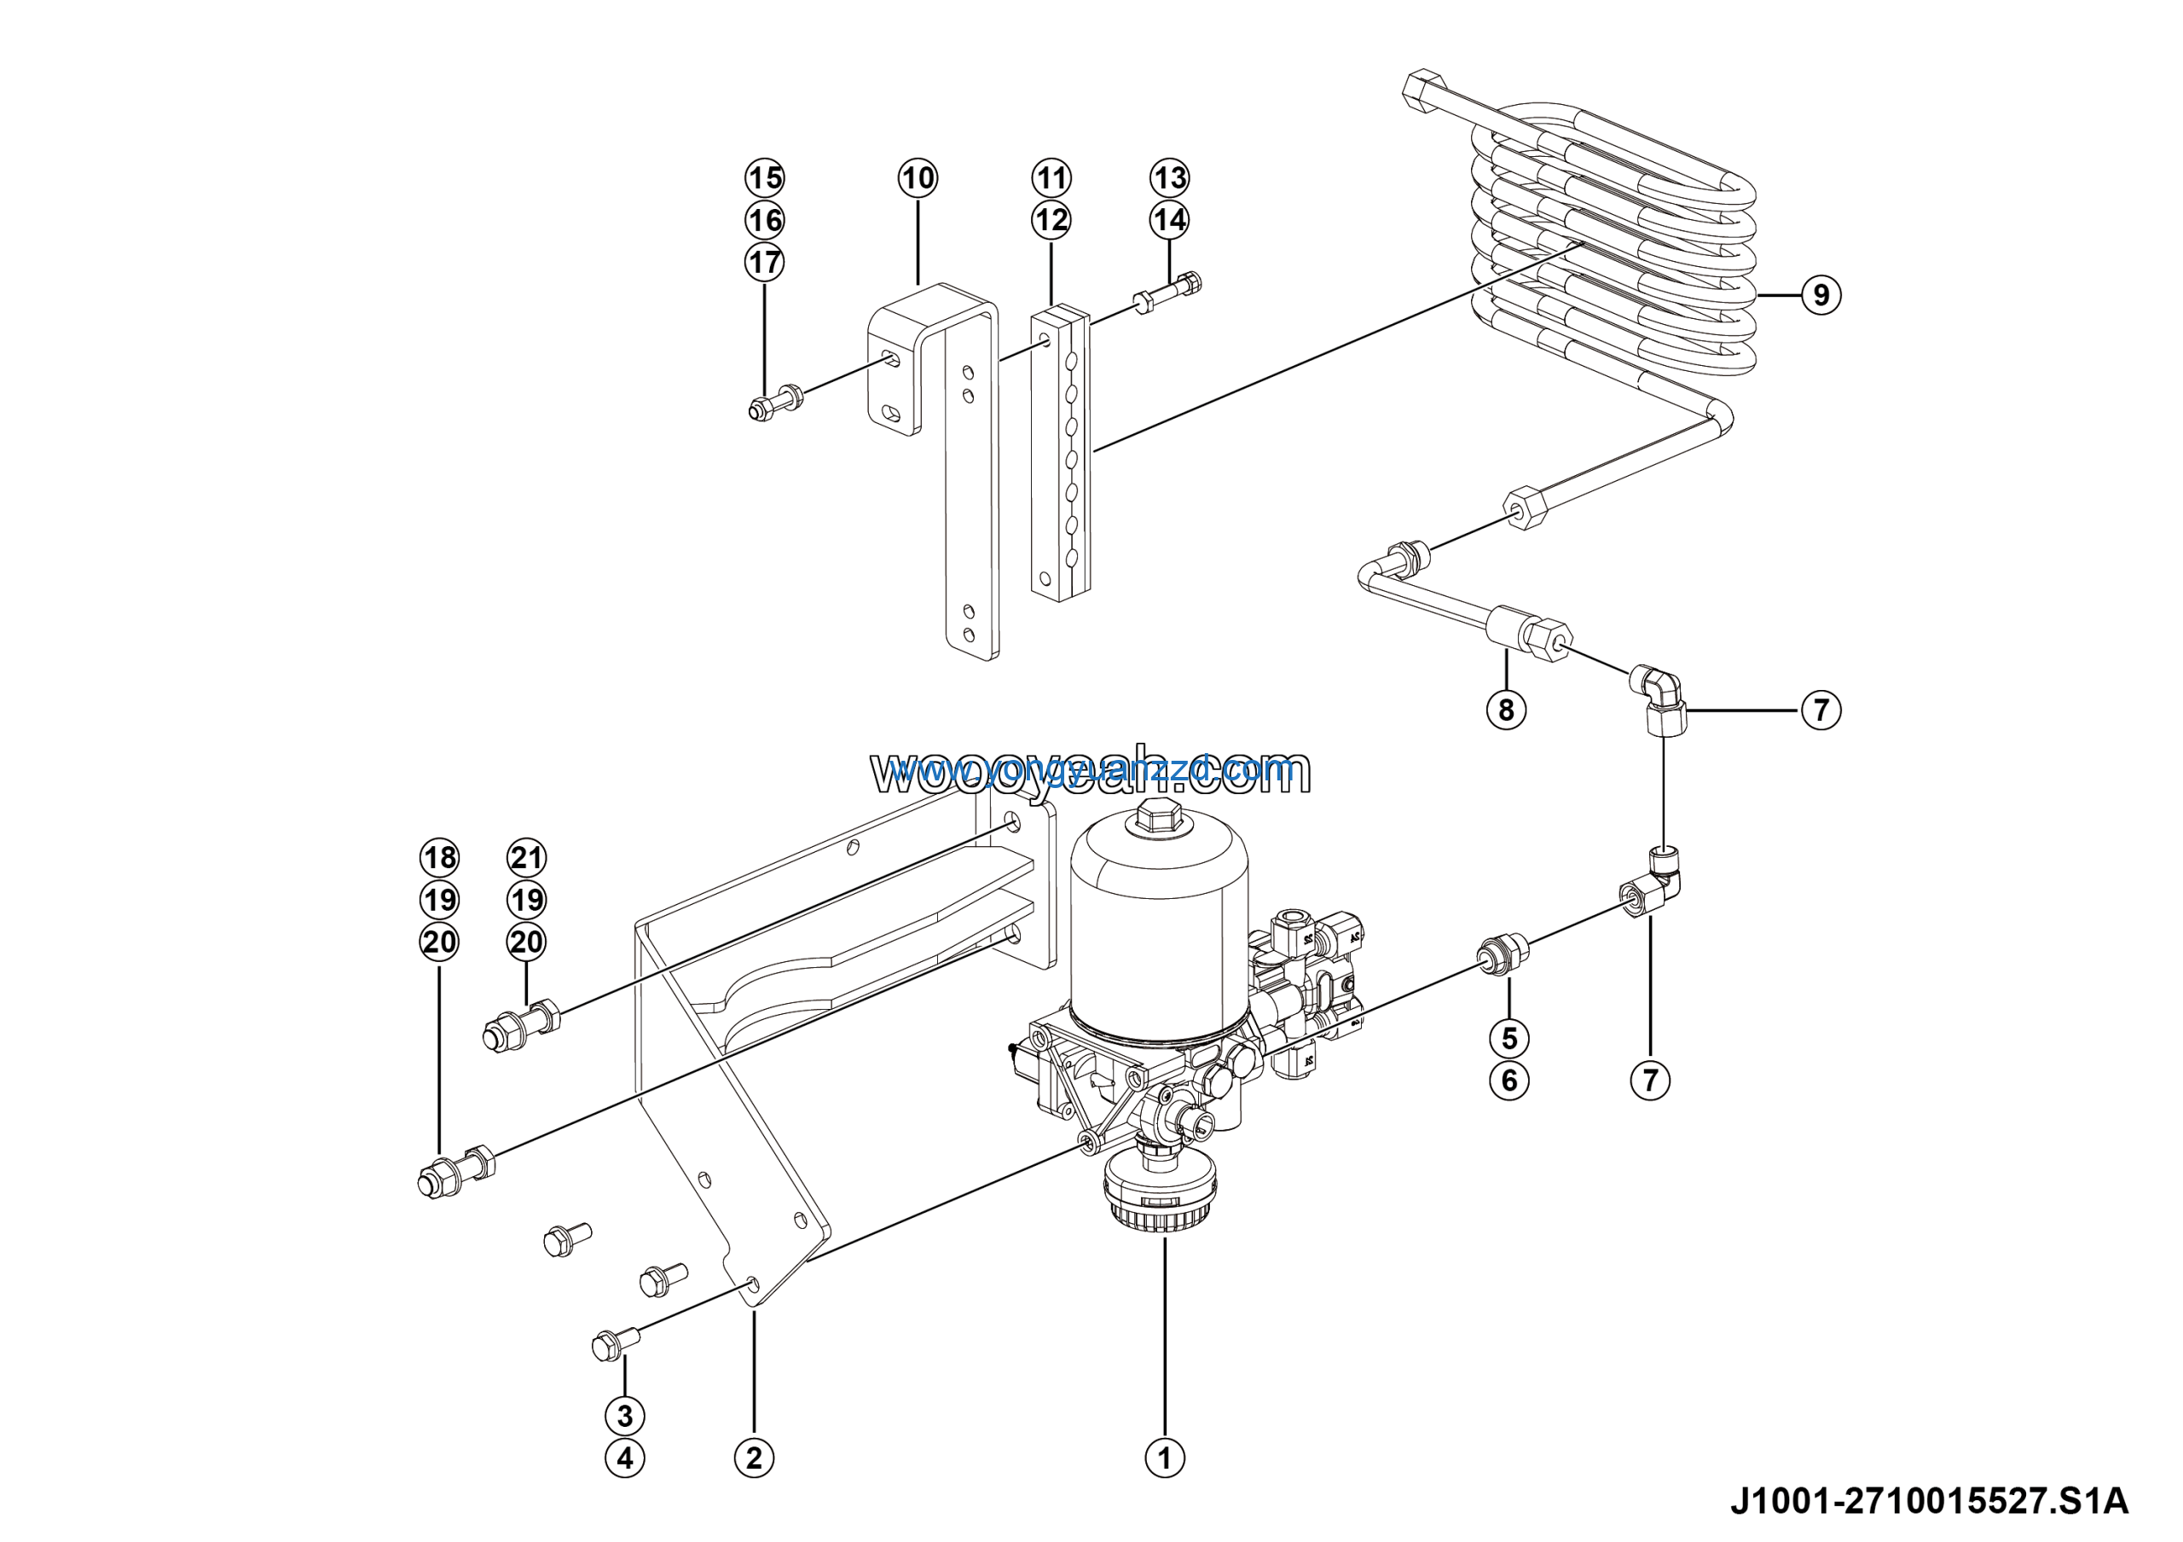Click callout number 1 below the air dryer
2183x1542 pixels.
click(1165, 1458)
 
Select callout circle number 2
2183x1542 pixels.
click(754, 1458)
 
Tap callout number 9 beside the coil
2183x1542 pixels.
click(1821, 295)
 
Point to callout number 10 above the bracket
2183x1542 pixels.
click(918, 177)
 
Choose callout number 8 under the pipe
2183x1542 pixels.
click(1506, 710)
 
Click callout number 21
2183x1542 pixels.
click(527, 857)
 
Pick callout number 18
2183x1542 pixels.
click(439, 857)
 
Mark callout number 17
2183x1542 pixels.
click(764, 262)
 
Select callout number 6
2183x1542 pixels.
click(1508, 1080)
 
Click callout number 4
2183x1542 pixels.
click(625, 1458)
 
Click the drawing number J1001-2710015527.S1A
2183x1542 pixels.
click(1929, 1501)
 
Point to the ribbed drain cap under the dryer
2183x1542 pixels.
click(1160, 1200)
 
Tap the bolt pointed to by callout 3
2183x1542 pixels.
click(614, 1344)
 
